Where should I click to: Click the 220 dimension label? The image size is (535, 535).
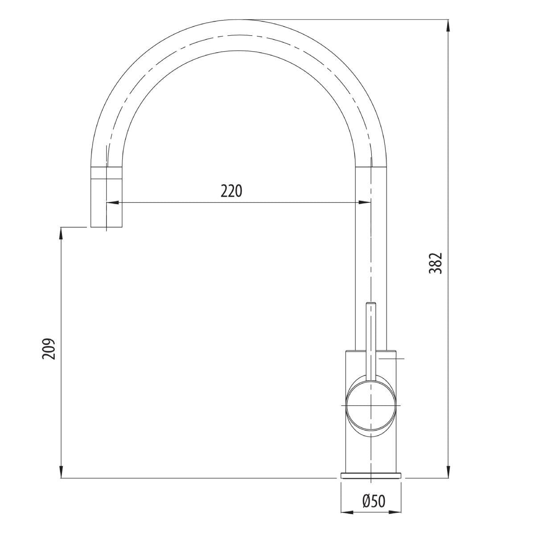click(231, 191)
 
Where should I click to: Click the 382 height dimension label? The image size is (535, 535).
click(435, 263)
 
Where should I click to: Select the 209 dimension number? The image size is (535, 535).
click(49, 349)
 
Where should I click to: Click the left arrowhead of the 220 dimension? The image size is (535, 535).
click(112, 203)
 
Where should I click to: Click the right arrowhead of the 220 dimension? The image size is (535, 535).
click(365, 203)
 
